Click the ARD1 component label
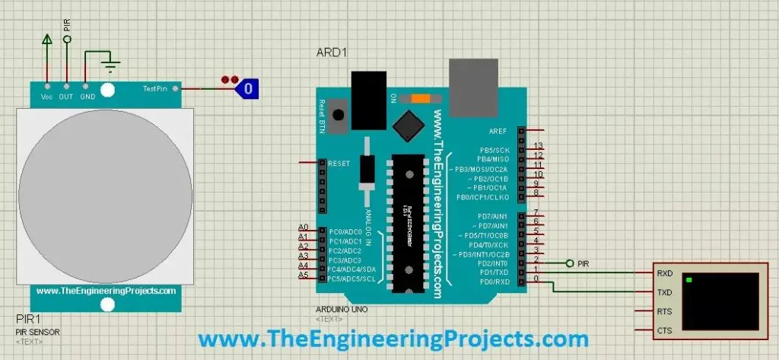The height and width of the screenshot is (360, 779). tap(331, 53)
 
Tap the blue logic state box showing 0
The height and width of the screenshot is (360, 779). tap(249, 90)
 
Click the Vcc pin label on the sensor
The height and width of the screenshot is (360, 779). tap(46, 97)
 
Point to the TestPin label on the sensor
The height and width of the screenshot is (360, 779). tap(155, 89)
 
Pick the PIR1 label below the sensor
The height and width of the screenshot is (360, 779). tap(29, 319)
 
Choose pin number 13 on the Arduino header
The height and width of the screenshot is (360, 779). tap(538, 146)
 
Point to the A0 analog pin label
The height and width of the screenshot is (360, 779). tap(303, 228)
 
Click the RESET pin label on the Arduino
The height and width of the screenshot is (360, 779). tap(339, 163)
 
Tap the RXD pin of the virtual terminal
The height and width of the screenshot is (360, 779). tap(664, 273)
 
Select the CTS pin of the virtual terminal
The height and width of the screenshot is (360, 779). tap(664, 330)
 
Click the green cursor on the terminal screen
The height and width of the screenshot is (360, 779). tap(688, 281)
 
